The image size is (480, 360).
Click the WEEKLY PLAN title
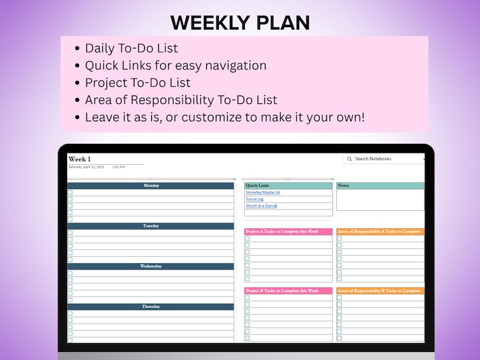pyautogui.click(x=240, y=22)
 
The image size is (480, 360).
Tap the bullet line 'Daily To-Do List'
pyautogui.click(x=131, y=48)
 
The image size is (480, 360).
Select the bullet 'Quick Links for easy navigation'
pyautogui.click(x=175, y=65)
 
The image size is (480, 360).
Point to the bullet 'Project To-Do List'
pyautogui.click(x=137, y=82)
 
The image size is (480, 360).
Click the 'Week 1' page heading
pyautogui.click(x=80, y=159)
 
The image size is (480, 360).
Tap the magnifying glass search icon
pyautogui.click(x=349, y=159)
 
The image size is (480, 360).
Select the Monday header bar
pyautogui.click(x=151, y=185)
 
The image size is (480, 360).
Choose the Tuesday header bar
pyautogui.click(x=151, y=226)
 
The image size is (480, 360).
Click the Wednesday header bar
pyautogui.click(x=151, y=266)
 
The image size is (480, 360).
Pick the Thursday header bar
pyautogui.click(x=151, y=307)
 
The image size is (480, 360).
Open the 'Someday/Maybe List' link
pyautogui.click(x=263, y=193)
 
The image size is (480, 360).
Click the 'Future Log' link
pyautogui.click(x=255, y=199)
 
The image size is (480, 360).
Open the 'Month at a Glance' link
pyautogui.click(x=261, y=206)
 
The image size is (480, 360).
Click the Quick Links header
pyautogui.click(x=288, y=185)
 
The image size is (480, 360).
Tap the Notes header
pyautogui.click(x=380, y=185)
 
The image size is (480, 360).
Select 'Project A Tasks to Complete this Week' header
pyautogui.click(x=288, y=231)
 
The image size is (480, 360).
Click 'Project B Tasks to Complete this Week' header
pyautogui.click(x=288, y=291)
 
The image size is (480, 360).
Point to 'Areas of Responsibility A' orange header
pyautogui.click(x=380, y=231)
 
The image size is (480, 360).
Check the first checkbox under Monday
pyautogui.click(x=70, y=193)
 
